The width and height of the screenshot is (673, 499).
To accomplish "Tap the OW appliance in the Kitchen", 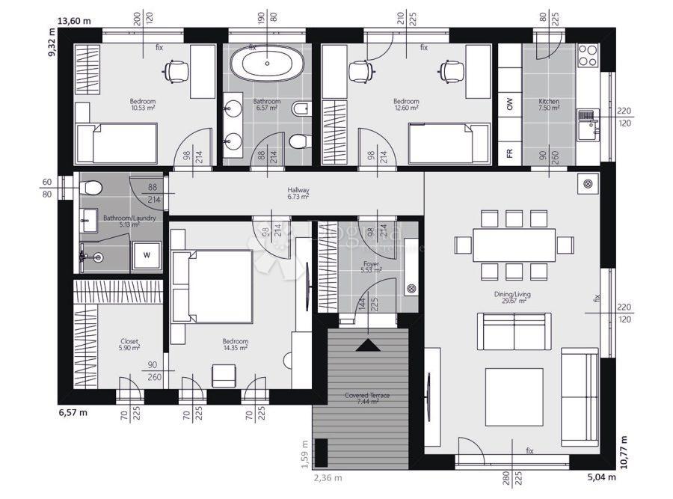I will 510,104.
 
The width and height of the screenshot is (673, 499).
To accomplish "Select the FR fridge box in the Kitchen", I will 509,154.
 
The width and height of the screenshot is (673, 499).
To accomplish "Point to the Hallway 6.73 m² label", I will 298,194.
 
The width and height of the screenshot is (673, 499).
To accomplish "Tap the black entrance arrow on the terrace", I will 366,345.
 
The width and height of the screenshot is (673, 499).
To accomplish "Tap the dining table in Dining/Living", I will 514,244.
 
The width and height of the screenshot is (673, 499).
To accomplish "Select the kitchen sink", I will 588,120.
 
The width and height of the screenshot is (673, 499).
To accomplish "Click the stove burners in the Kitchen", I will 589,56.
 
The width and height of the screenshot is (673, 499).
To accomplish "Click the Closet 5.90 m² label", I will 129,344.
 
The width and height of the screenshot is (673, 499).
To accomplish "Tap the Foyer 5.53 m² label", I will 372,267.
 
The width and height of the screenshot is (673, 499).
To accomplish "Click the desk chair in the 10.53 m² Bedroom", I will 177,70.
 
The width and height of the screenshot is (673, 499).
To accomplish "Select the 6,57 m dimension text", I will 73,411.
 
